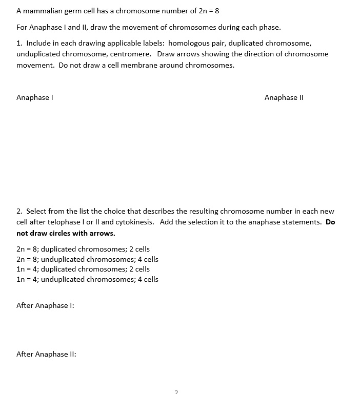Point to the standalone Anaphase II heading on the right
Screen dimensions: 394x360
coord(284,97)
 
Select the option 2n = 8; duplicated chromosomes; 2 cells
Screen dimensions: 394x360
coord(83,249)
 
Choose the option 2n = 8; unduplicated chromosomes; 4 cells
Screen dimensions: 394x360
coord(87,259)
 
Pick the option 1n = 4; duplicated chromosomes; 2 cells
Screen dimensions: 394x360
coord(83,269)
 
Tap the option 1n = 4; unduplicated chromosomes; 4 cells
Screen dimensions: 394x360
coord(87,279)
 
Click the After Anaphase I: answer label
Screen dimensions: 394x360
coord(45,305)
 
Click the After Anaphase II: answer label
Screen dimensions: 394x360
coord(46,354)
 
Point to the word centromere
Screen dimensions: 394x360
coord(131,54)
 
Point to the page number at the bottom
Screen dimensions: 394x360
coord(176,392)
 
